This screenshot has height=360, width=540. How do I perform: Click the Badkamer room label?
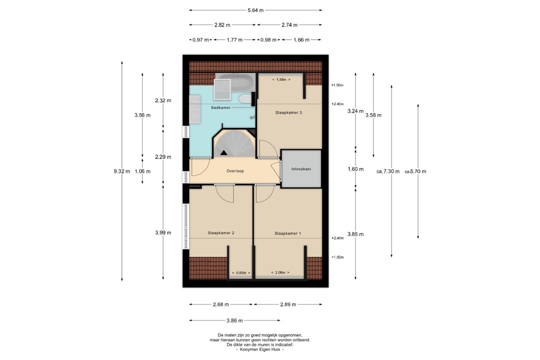point(221,107)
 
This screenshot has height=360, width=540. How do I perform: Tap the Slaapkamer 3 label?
point(288,112)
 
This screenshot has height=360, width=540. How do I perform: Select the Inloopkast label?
point(301,169)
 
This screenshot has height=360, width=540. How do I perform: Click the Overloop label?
point(235,171)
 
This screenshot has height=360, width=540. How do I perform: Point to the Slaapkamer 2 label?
point(221,233)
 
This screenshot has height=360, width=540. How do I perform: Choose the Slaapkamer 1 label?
point(287,233)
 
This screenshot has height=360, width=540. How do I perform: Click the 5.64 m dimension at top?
point(255,10)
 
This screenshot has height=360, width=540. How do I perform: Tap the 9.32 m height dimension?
point(122,171)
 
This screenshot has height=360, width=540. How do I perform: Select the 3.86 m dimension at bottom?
point(234,320)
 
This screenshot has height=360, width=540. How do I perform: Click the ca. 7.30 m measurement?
point(388,171)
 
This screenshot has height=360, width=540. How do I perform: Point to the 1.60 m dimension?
point(355,169)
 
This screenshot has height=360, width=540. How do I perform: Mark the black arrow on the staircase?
point(224,152)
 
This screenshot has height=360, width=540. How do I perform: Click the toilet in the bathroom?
point(245,99)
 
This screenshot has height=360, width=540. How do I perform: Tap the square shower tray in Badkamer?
point(222,89)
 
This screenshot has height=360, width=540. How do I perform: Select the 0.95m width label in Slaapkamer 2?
point(241,273)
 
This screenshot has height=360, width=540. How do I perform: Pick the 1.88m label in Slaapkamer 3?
point(281,79)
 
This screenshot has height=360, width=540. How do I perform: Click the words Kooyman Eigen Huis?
point(260,349)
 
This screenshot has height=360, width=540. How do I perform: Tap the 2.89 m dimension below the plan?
point(288,304)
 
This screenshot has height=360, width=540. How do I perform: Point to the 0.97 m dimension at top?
point(200,39)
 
